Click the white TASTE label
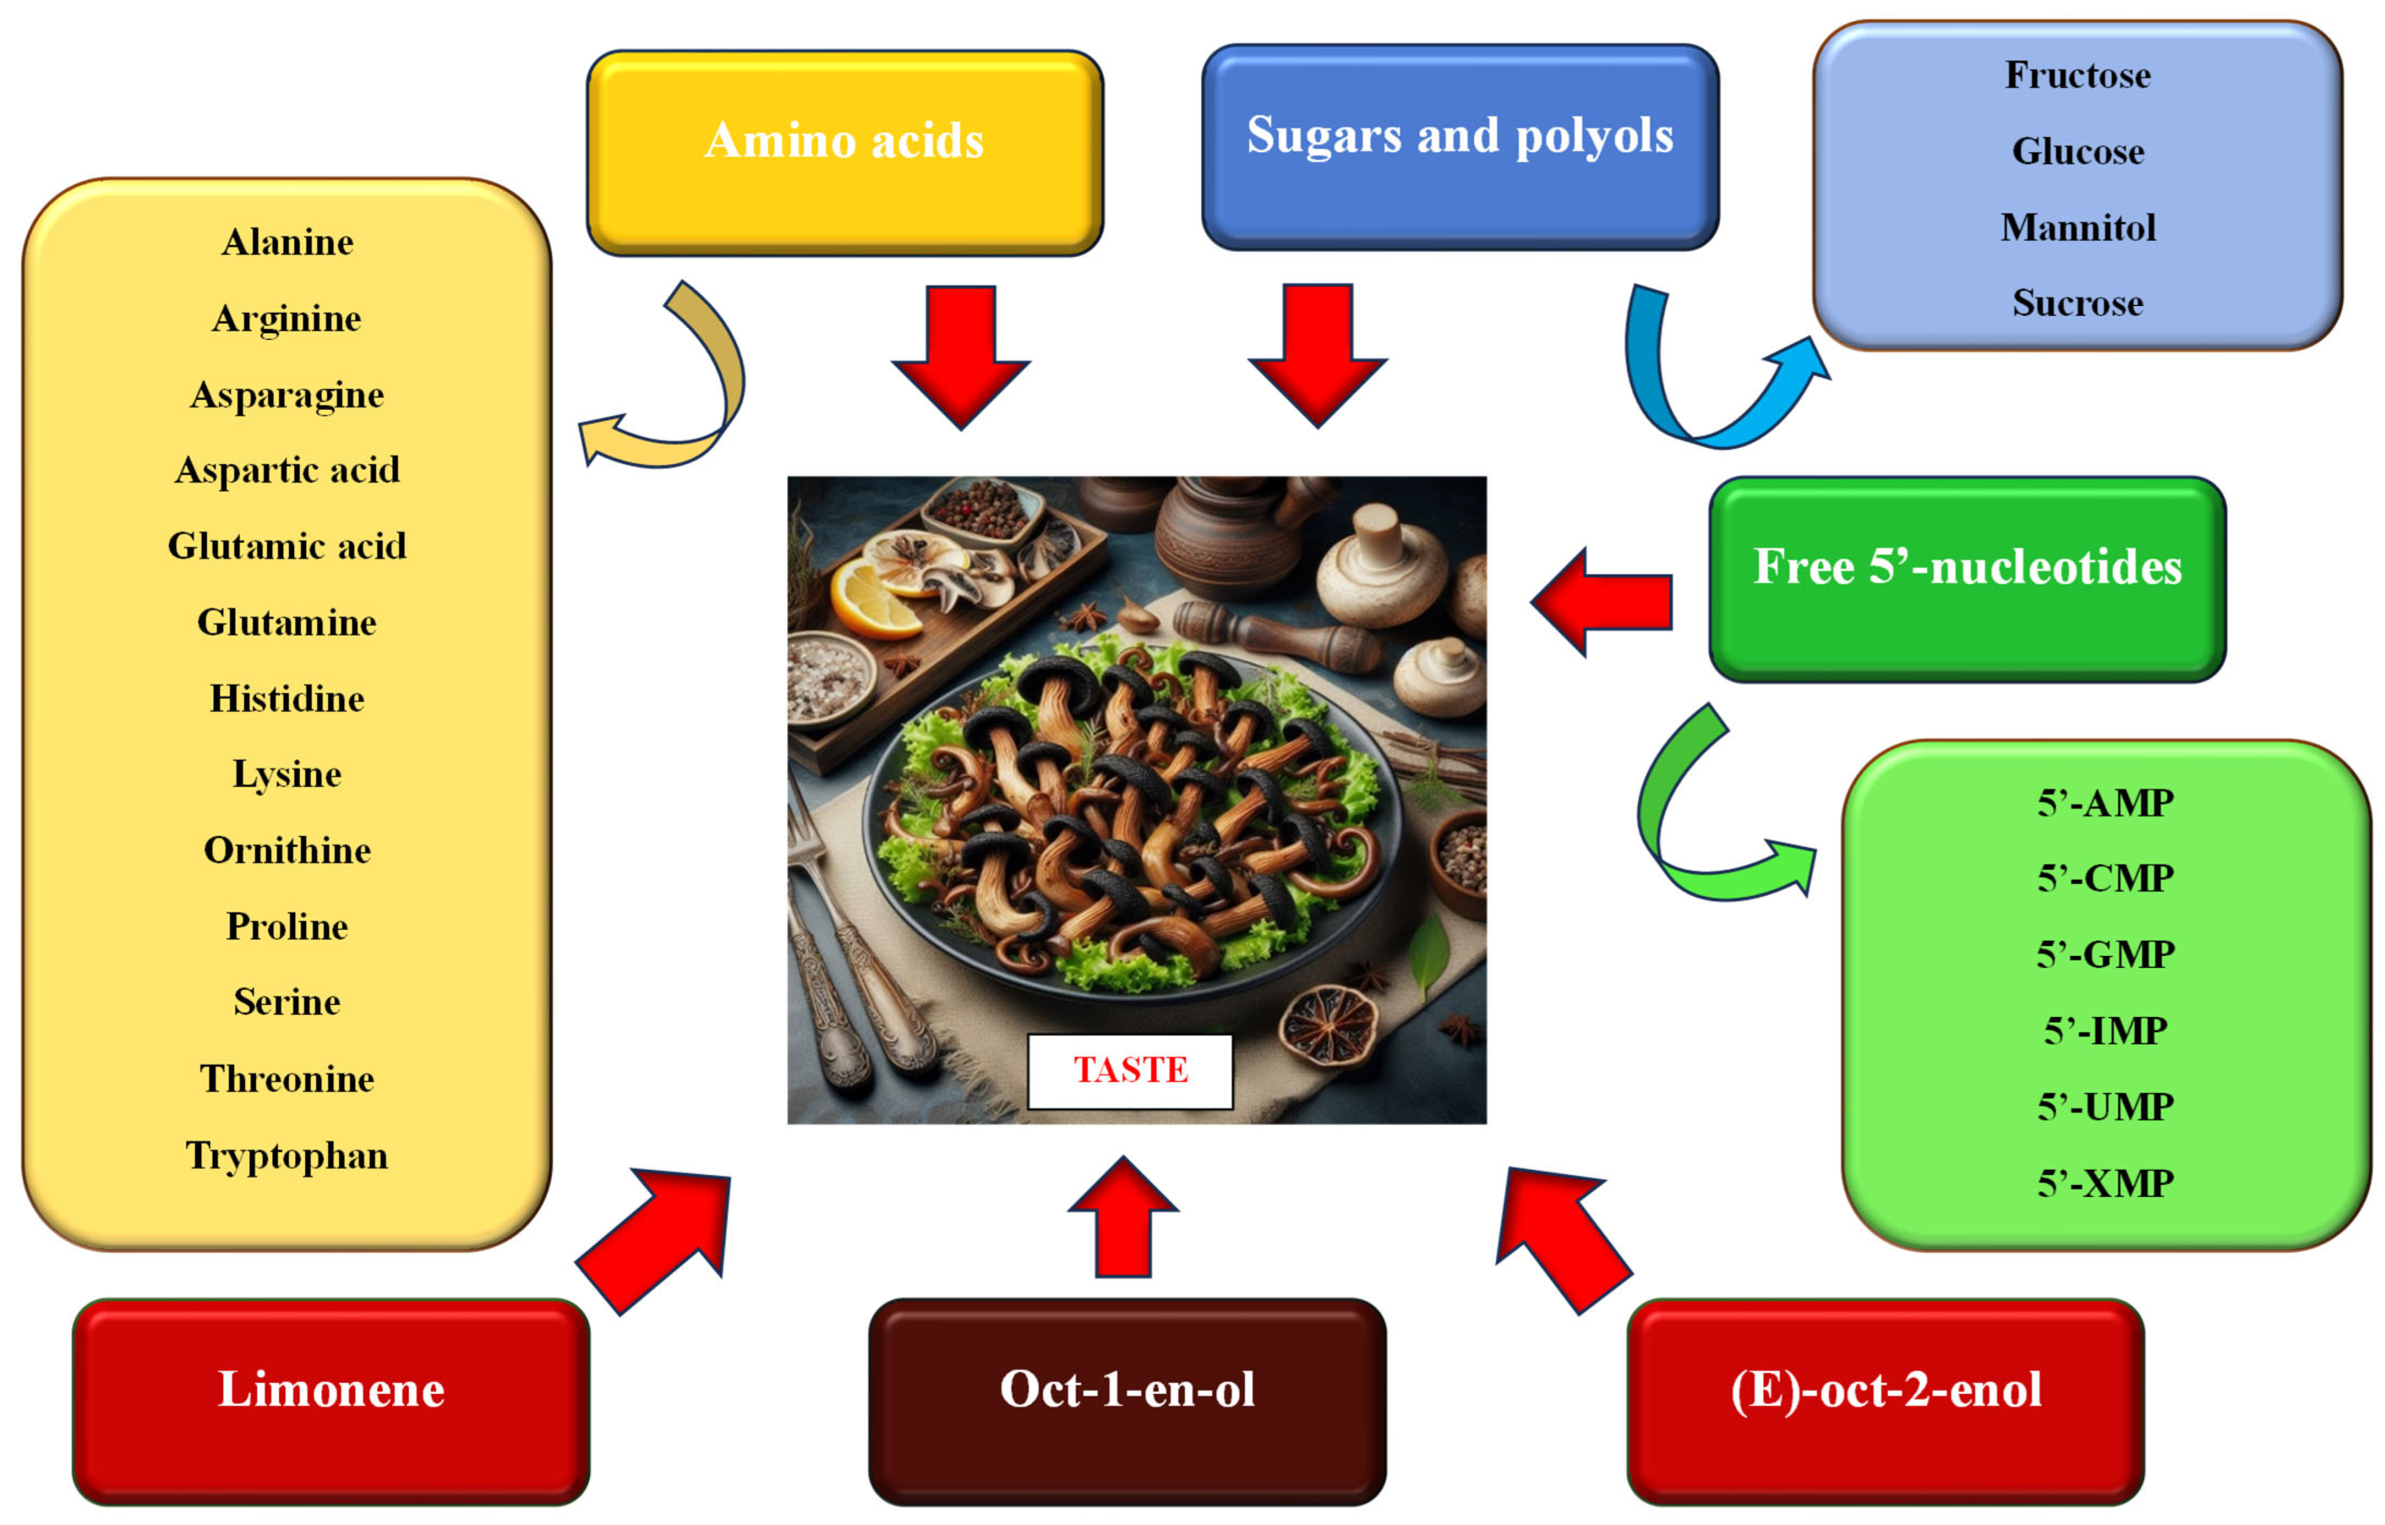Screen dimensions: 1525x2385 (x=1130, y=1070)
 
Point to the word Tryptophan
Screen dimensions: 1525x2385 (x=287, y=1156)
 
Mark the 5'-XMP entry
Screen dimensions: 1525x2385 (x=2105, y=1183)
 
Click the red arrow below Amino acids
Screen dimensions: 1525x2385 (x=961, y=352)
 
